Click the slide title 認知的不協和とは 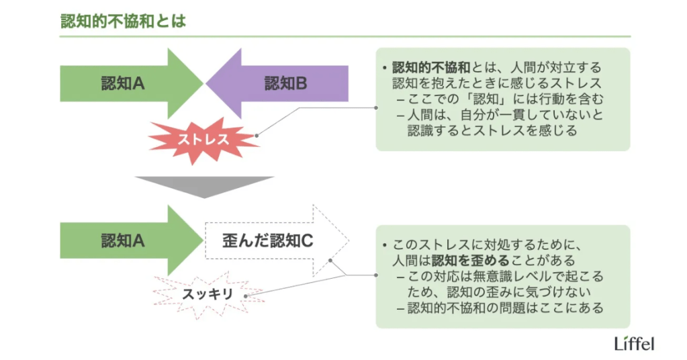coord(123,20)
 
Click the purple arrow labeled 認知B coord(282,83)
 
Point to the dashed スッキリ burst coord(208,294)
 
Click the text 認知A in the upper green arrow coord(123,83)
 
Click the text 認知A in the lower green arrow coord(123,240)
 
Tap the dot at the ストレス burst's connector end coord(257,134)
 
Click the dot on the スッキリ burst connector coord(246,295)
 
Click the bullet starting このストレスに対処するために coord(484,244)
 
